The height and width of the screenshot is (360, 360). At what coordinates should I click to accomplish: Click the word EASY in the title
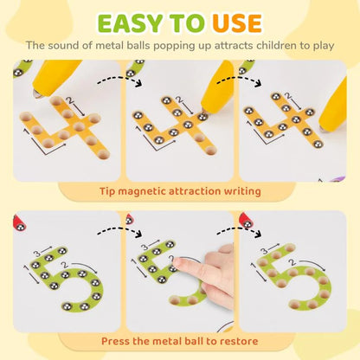tap(130, 23)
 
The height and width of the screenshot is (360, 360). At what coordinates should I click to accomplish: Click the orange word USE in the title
tap(237, 23)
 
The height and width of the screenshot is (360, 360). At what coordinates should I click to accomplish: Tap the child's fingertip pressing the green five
tap(177, 262)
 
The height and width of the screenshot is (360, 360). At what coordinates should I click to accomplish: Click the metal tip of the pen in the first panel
tap(37, 94)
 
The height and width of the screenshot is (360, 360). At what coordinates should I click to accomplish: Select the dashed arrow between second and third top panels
tap(240, 79)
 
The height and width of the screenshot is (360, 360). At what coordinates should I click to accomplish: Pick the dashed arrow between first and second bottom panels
tap(120, 229)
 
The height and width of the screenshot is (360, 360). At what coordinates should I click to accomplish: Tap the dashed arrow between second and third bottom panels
tap(240, 229)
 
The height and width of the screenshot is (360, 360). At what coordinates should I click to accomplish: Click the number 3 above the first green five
tap(37, 254)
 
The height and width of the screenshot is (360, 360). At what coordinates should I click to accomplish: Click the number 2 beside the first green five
tap(65, 265)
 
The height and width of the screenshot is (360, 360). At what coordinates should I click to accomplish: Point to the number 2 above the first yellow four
tap(69, 100)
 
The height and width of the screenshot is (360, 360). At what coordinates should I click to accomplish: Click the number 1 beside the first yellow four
tap(26, 132)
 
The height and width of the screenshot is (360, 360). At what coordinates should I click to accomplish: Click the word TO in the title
tap(188, 23)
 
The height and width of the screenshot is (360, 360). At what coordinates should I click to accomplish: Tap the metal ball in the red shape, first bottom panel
tap(21, 227)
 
